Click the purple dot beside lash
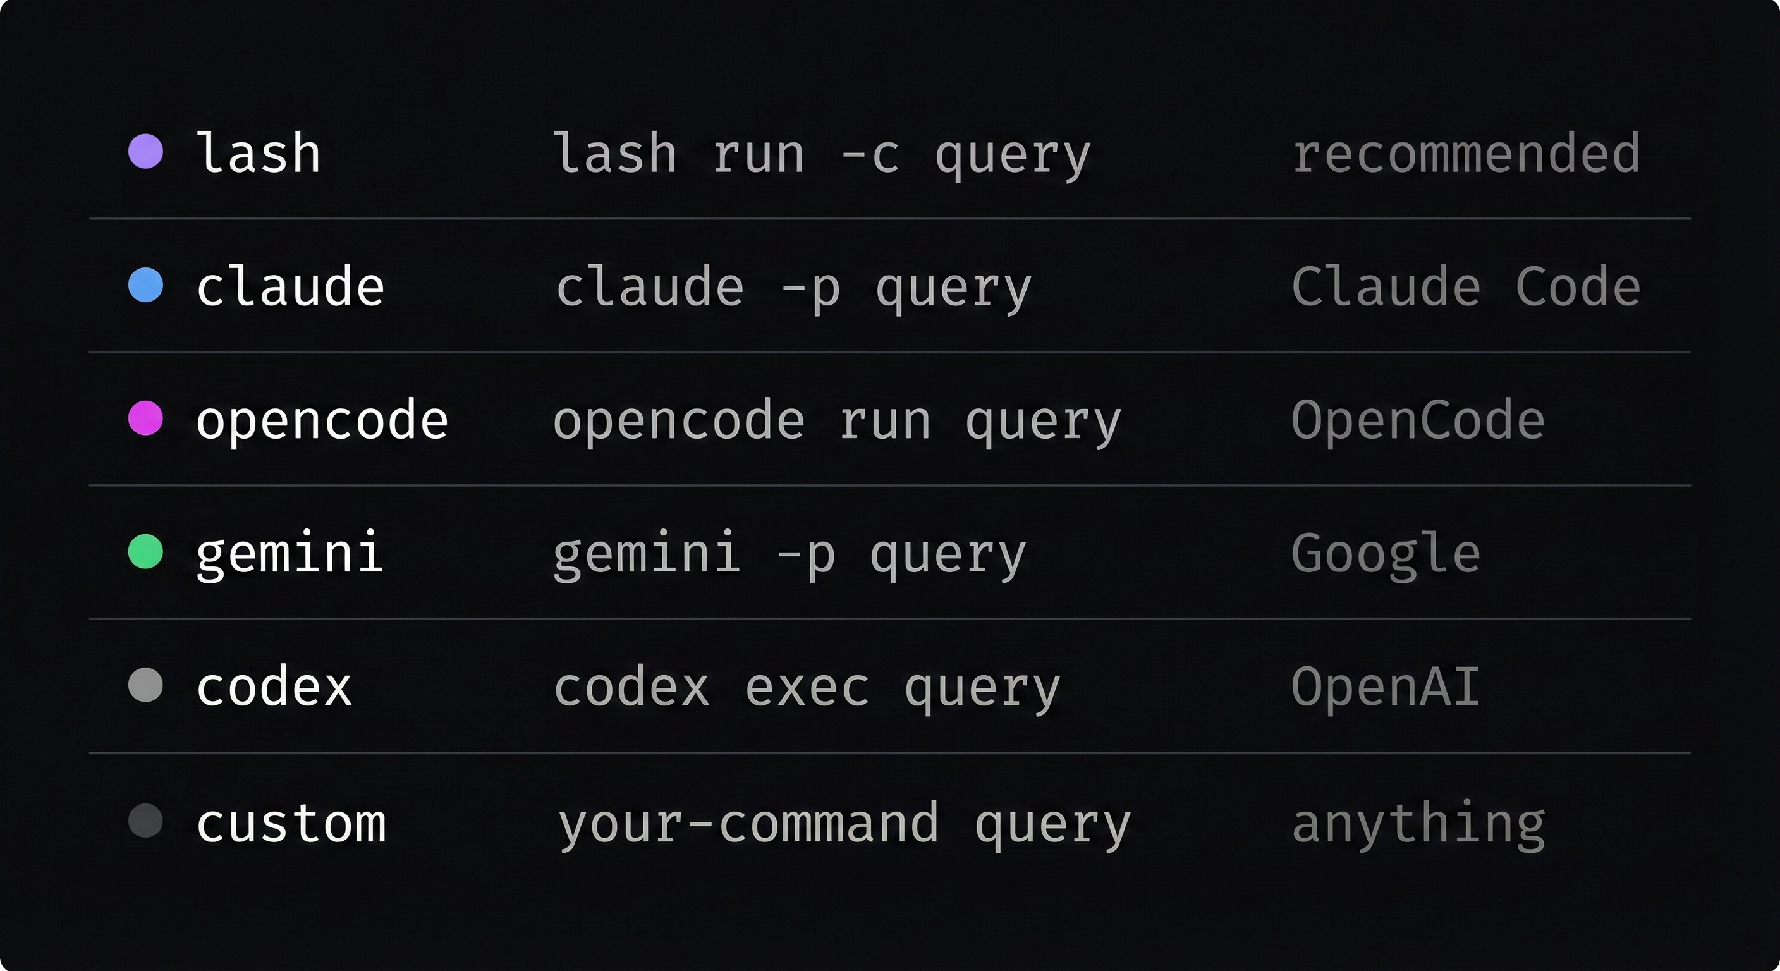(146, 151)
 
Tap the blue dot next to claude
(146, 286)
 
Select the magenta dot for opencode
(146, 418)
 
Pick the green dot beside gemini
(146, 551)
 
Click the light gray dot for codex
(146, 685)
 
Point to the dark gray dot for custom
(146, 821)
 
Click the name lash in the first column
(259, 153)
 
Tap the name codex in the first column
(274, 687)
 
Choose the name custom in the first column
(291, 823)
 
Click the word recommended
(1466, 153)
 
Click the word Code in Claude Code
(1578, 286)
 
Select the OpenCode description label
(1417, 420)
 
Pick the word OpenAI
(1386, 687)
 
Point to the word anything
(1418, 824)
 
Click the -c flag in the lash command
(870, 154)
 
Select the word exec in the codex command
(807, 687)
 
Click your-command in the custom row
(748, 824)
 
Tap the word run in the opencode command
(885, 421)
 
